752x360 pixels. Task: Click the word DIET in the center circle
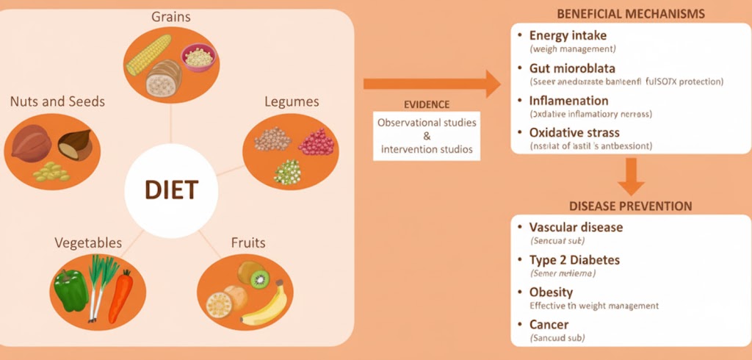click(170, 190)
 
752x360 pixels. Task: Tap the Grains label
click(171, 15)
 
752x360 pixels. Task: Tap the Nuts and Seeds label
click(57, 101)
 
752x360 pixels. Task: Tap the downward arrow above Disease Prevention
click(630, 176)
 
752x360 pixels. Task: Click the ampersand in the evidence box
click(427, 136)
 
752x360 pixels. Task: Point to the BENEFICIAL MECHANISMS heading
click(631, 14)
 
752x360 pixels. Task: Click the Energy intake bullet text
click(568, 35)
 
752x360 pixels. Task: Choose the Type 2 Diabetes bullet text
click(574, 260)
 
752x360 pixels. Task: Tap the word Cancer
click(549, 325)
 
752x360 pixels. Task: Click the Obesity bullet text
click(551, 292)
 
